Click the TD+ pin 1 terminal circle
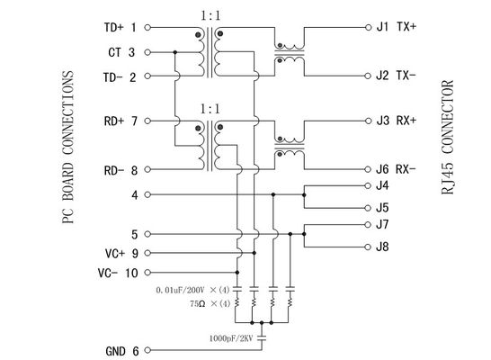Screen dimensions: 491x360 coord(147,28)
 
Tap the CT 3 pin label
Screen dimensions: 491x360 coord(121,52)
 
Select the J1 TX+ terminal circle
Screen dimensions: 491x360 coord(369,27)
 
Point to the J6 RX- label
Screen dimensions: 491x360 coord(396,169)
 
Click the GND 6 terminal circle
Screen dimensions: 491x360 coord(147,350)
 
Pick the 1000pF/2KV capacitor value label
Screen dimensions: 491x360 coord(231,338)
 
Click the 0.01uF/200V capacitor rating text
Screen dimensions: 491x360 coord(180,290)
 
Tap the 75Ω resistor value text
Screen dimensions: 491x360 coord(198,303)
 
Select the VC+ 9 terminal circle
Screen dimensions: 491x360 coord(147,253)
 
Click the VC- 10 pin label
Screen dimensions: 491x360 coord(118,273)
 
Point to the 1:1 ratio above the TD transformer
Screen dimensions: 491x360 coord(210,15)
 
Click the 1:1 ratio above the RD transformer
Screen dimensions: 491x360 coord(210,109)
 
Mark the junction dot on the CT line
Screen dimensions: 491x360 coord(175,52)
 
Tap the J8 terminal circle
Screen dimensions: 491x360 coord(369,247)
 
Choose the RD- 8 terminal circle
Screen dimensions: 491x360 coord(147,169)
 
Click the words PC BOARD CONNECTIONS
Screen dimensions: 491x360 coord(67,147)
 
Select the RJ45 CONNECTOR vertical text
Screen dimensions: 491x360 coord(448,137)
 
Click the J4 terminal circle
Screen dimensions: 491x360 coord(369,185)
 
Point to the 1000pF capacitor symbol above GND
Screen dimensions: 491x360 coord(262,337)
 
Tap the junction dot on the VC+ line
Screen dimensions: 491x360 coord(254,253)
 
